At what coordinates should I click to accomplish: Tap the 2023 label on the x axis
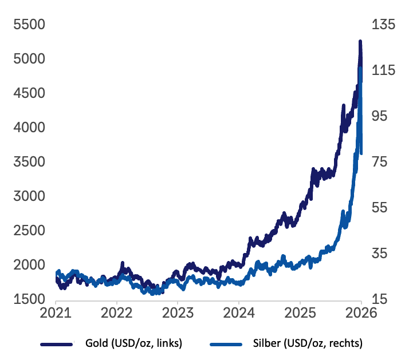[178, 313]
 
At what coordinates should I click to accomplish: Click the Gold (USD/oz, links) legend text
[134, 343]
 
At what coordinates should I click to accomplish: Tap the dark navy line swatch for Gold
[57, 344]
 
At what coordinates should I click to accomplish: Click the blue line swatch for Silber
[228, 344]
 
